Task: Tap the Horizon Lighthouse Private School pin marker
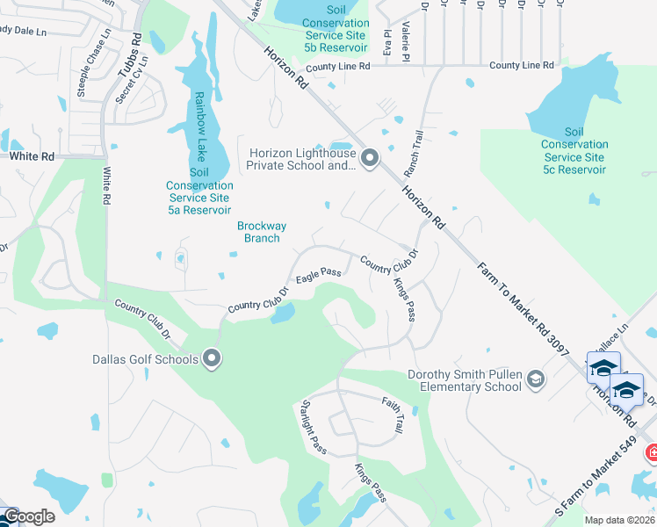(x=370, y=158)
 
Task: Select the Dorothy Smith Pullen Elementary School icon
(x=533, y=379)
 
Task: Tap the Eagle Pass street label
(x=318, y=276)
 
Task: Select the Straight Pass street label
(x=314, y=427)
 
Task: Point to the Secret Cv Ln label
(x=134, y=79)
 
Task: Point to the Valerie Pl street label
(x=406, y=41)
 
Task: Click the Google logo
(x=28, y=516)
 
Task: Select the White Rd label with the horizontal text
(x=32, y=155)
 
